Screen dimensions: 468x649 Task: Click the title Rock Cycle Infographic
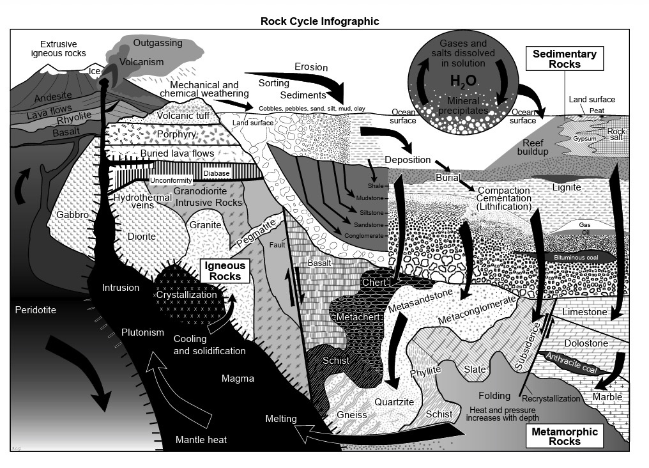click(x=319, y=21)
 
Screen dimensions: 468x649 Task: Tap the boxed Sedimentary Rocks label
click(x=564, y=59)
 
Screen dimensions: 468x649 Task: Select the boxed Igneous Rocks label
click(x=224, y=271)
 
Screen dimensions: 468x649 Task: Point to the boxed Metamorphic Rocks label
click(x=565, y=437)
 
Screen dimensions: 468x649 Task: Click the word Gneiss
click(x=351, y=415)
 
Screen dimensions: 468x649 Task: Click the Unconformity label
click(x=169, y=181)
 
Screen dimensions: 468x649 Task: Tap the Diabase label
click(x=217, y=173)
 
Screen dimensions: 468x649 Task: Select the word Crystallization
click(x=188, y=296)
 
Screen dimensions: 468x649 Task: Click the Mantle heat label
click(x=201, y=440)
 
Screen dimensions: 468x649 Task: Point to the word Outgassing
click(x=158, y=43)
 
